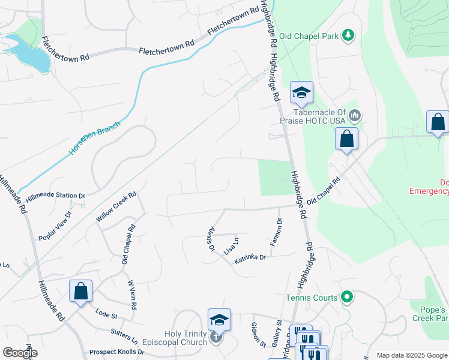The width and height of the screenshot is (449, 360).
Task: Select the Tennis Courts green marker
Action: tap(346, 296)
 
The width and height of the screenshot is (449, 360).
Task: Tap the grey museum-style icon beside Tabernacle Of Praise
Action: tap(355, 114)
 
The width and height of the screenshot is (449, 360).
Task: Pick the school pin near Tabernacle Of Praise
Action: tap(302, 93)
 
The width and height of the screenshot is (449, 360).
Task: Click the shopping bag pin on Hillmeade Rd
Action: tap(80, 292)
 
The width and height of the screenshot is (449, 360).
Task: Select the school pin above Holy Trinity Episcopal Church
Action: tap(219, 320)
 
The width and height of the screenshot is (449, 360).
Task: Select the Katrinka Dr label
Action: tap(250, 257)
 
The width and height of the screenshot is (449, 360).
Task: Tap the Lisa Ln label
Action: tap(232, 246)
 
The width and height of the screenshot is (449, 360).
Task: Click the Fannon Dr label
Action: tap(277, 232)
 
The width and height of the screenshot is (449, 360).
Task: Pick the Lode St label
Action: tap(106, 314)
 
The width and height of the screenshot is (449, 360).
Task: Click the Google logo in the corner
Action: tap(19, 353)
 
